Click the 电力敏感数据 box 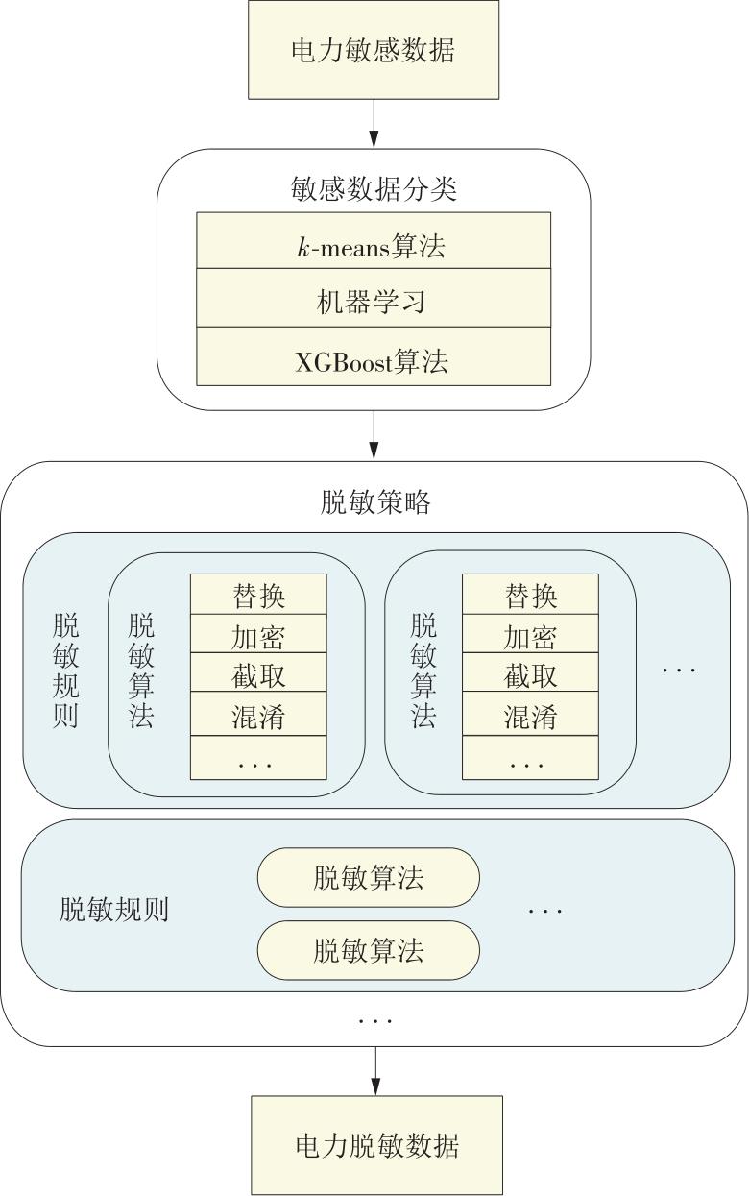374,50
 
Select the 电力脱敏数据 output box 377,1145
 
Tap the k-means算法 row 374,241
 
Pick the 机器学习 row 374,298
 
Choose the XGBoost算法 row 374,356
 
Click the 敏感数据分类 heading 374,188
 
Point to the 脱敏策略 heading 375,501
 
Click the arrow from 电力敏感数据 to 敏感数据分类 374,124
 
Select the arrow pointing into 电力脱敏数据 375,1071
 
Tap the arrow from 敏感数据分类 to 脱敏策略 374,435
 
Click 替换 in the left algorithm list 259,595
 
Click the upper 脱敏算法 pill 369,877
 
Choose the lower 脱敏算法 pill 369,950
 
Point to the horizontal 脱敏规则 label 113,910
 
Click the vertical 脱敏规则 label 66,671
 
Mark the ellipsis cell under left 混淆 259,758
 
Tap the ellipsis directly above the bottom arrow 375,1021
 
